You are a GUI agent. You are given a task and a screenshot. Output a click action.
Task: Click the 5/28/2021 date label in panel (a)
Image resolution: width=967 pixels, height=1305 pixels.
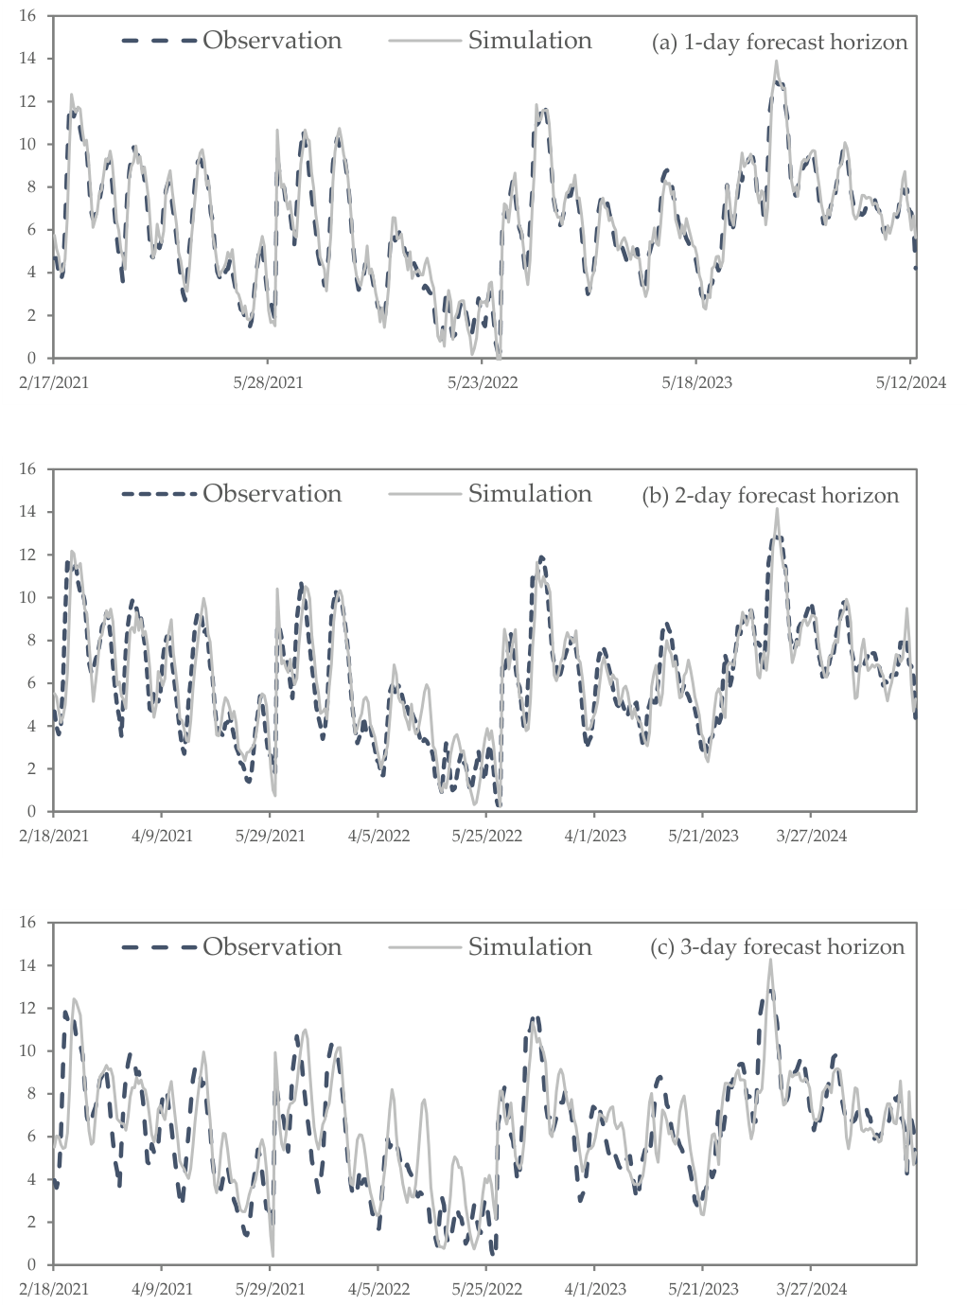(268, 383)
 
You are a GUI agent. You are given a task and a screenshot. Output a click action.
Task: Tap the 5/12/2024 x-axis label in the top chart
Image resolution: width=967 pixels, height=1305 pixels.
(910, 383)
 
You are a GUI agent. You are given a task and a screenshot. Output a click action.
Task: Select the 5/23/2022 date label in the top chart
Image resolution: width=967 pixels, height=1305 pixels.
(483, 383)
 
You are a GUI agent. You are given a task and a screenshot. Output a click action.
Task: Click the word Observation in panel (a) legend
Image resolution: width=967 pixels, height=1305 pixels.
(272, 41)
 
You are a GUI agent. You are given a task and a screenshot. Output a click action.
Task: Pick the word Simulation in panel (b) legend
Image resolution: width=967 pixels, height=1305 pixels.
(530, 494)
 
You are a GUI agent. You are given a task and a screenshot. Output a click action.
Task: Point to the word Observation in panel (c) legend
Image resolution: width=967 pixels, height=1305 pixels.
(272, 946)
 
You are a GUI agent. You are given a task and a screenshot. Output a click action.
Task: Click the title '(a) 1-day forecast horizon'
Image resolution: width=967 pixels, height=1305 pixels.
(780, 43)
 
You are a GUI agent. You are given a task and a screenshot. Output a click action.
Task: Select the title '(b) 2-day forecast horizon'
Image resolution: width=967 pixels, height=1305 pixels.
(770, 495)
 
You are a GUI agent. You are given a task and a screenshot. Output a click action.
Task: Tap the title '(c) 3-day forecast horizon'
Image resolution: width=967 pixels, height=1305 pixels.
(777, 946)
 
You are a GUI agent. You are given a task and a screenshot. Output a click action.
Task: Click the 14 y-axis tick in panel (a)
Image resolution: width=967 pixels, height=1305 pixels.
(27, 59)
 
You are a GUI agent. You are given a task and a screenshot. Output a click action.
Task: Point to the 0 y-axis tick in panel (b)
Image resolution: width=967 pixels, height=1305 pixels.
(32, 811)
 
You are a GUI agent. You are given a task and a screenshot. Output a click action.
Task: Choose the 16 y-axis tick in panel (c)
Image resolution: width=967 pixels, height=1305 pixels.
(27, 922)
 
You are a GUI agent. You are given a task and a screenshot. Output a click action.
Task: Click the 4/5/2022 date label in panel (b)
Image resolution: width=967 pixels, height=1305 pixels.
(378, 836)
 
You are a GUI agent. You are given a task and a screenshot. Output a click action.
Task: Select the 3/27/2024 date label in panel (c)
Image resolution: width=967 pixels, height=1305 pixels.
(811, 1289)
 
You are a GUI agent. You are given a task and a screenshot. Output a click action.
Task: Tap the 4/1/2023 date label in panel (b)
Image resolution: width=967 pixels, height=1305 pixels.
(594, 836)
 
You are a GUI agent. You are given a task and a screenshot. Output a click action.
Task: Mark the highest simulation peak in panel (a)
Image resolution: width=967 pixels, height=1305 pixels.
(777, 61)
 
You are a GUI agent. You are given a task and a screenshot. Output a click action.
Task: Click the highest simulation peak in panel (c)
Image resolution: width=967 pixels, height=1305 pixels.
(770, 961)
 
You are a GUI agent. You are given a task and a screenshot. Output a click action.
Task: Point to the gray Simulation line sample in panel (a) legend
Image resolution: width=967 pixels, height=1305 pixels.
(425, 41)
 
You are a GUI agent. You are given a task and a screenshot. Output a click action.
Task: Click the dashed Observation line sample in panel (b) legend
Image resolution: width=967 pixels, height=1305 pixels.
(159, 494)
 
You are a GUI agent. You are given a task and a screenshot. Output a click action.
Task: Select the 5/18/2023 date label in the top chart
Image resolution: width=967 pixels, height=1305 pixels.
(696, 383)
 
